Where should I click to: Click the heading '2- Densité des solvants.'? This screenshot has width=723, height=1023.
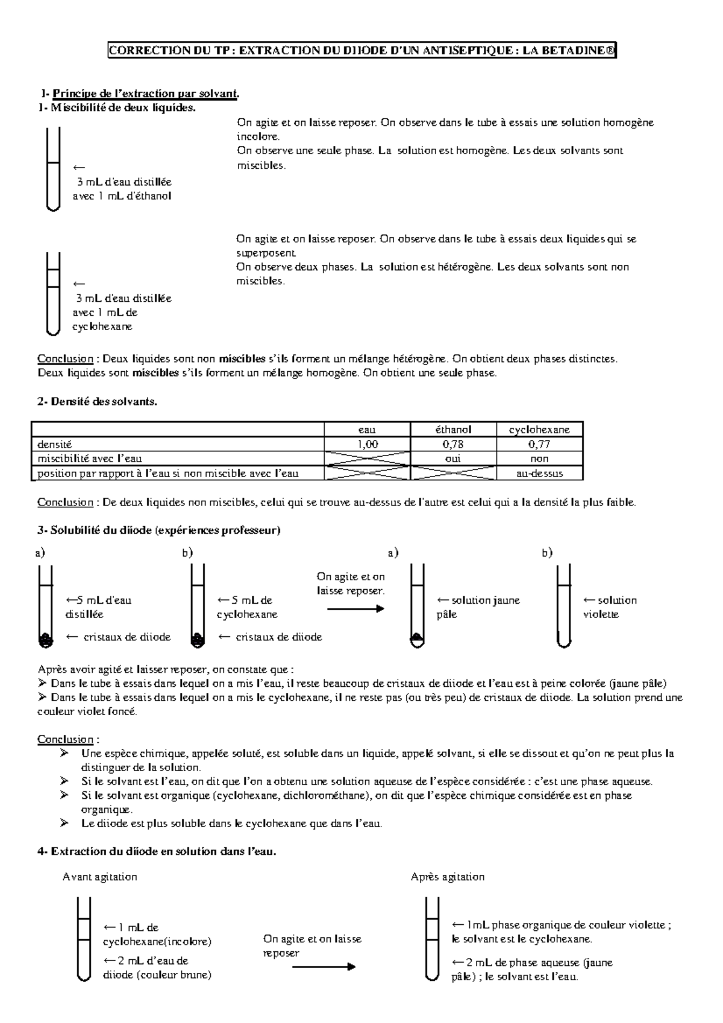click(97, 402)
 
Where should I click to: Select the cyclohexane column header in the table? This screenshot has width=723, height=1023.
click(539, 430)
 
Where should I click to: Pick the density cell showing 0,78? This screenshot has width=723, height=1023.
click(453, 444)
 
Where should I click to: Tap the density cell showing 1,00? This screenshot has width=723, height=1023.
click(367, 444)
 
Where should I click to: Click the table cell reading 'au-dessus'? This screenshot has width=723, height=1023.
click(539, 474)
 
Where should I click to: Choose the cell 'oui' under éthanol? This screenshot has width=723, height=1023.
click(453, 458)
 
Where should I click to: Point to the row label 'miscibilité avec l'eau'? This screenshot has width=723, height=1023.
click(90, 458)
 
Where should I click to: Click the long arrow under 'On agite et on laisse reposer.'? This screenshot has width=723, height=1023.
click(355, 609)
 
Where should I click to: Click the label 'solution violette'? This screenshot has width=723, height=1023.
click(610, 607)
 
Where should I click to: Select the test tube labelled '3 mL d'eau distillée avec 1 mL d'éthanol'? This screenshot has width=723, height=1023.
click(54, 169)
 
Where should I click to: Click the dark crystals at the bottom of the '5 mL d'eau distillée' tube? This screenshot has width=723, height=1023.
click(45, 640)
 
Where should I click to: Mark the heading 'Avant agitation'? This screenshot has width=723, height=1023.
click(99, 877)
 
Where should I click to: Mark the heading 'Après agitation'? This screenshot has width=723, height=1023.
click(447, 877)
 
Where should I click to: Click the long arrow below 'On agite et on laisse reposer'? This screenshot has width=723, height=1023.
click(324, 967)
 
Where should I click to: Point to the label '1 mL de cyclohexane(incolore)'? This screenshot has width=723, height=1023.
click(157, 934)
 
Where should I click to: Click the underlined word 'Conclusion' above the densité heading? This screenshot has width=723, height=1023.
click(65, 359)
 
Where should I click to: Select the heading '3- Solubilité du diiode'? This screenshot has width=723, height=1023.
click(158, 531)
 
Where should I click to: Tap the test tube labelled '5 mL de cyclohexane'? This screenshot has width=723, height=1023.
click(196, 605)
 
